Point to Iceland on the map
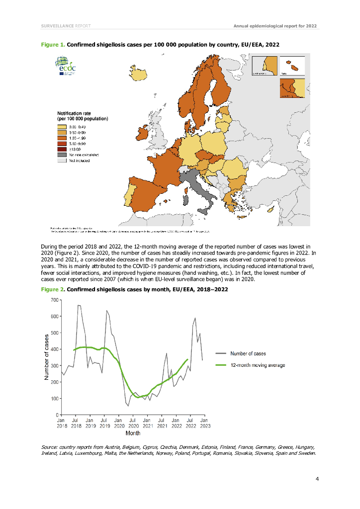tap(139, 74)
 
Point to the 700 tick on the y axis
tap(54, 300)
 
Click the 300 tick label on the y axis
tap(54, 365)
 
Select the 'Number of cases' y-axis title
tap(46, 357)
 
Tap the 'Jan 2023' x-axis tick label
tap(204, 423)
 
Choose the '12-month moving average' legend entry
tap(257, 365)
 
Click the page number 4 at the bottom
tap(317, 479)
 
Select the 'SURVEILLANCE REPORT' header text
tap(66, 25)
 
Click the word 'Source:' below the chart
tap(51, 447)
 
